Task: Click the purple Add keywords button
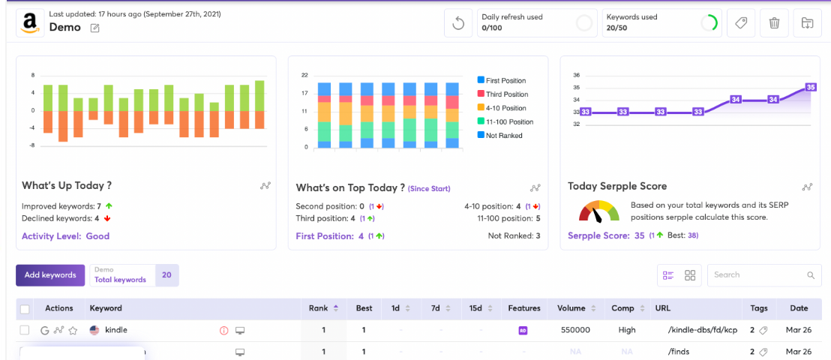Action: click(x=50, y=275)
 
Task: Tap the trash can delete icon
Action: click(x=774, y=23)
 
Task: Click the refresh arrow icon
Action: click(x=458, y=23)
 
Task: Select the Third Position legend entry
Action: click(x=502, y=94)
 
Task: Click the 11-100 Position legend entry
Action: click(x=505, y=122)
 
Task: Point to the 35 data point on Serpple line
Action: click(x=810, y=87)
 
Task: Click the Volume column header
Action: click(x=571, y=308)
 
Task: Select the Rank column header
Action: click(x=319, y=308)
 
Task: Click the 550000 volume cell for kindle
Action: click(x=575, y=330)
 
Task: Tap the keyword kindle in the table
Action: click(x=116, y=330)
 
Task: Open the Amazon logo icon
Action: click(x=30, y=23)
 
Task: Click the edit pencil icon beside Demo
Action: click(x=94, y=28)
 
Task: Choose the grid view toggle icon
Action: click(x=690, y=275)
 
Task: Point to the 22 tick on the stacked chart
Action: click(x=304, y=75)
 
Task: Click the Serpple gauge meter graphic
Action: click(x=598, y=211)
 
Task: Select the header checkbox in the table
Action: click(x=25, y=308)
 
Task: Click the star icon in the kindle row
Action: click(x=73, y=330)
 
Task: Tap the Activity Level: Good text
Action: click(x=66, y=236)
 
